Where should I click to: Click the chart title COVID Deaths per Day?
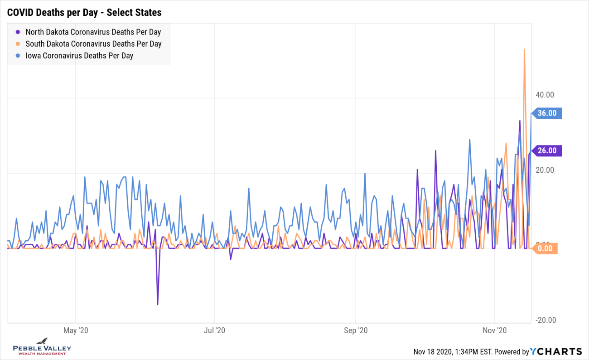pyautogui.click(x=84, y=12)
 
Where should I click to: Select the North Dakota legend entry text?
pyautogui.click(x=93, y=32)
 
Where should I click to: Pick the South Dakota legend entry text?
pyautogui.click(x=93, y=44)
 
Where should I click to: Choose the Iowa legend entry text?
pyautogui.click(x=79, y=56)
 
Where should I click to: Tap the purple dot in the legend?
pyautogui.click(x=18, y=32)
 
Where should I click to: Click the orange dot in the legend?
pyautogui.click(x=18, y=44)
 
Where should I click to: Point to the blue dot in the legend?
pyautogui.click(x=18, y=56)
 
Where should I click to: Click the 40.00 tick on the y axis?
pyautogui.click(x=545, y=95)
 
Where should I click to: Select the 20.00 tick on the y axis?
pyautogui.click(x=545, y=170)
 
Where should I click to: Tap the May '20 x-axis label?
pyautogui.click(x=76, y=330)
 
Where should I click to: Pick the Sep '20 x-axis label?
pyautogui.click(x=356, y=330)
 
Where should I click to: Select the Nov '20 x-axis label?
pyautogui.click(x=495, y=330)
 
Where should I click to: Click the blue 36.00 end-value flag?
pyautogui.click(x=547, y=113)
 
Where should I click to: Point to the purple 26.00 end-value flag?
pyautogui.click(x=547, y=151)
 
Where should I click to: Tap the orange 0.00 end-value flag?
pyautogui.click(x=545, y=248)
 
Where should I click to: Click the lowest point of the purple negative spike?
pyautogui.click(x=158, y=304)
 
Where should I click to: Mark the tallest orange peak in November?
pyautogui.click(x=524, y=49)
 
